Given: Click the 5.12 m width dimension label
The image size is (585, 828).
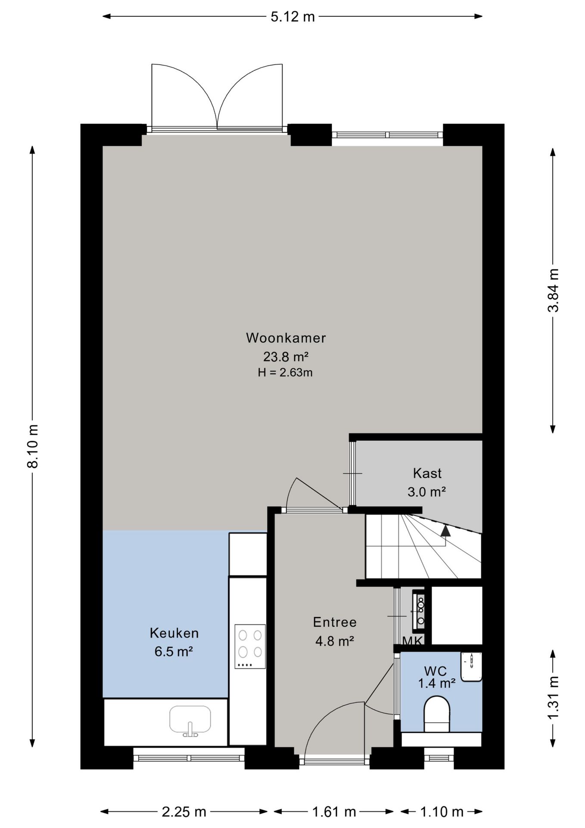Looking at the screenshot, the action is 292,17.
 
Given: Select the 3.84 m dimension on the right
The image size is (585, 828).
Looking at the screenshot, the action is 553,290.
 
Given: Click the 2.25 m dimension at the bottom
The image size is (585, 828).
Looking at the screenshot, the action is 184,812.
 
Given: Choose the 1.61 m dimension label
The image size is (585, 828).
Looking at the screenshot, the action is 334,812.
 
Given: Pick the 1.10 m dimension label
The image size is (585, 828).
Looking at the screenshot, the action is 442,812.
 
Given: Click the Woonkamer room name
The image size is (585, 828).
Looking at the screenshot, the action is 286,338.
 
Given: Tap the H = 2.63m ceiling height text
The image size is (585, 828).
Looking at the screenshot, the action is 285,373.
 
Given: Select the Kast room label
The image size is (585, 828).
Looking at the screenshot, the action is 427,473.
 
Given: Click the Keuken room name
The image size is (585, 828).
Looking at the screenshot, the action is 174,633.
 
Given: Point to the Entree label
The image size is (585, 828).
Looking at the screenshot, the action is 335,622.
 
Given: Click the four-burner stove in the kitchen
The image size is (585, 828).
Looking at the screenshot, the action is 250,646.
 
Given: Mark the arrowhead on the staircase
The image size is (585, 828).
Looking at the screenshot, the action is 445,530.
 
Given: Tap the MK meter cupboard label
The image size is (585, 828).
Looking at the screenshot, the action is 413,641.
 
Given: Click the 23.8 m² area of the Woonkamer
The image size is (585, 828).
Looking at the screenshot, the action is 286,357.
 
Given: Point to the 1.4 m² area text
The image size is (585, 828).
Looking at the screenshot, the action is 437,683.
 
